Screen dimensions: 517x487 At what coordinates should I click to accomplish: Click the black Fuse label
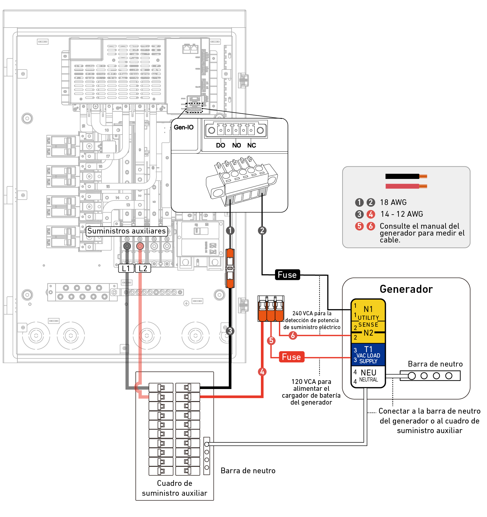pyautogui.click(x=287, y=275)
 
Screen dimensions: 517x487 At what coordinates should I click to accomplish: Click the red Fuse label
pyautogui.click(x=292, y=357)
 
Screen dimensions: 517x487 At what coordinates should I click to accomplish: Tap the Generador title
pyautogui.click(x=406, y=289)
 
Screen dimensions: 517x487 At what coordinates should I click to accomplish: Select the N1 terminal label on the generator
pyautogui.click(x=368, y=309)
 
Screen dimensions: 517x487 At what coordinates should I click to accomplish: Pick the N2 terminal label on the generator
pyautogui.click(x=368, y=333)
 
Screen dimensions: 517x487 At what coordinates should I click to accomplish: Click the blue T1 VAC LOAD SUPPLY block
pyautogui.click(x=368, y=355)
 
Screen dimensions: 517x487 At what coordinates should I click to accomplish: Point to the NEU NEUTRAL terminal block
pyautogui.click(x=368, y=376)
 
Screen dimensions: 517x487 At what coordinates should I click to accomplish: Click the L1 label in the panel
pyautogui.click(x=126, y=269)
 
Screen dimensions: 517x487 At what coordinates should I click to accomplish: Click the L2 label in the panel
pyautogui.click(x=143, y=269)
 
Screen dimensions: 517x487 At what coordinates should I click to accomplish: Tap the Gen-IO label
pyautogui.click(x=184, y=127)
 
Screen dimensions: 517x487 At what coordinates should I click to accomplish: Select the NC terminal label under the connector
pyautogui.click(x=252, y=145)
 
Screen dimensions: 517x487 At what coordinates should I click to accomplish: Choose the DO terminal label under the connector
pyautogui.click(x=220, y=145)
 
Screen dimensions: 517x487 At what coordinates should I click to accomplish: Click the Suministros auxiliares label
pyautogui.click(x=126, y=231)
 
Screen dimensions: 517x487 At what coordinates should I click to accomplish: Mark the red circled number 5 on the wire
pyautogui.click(x=271, y=340)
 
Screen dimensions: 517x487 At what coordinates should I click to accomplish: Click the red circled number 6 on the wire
pyautogui.click(x=293, y=335)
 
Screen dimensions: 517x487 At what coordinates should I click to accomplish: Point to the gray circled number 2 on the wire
pyautogui.click(x=262, y=230)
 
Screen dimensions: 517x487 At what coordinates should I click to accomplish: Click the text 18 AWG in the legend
pyautogui.click(x=393, y=203)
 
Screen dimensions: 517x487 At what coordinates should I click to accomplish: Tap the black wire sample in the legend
pyautogui.click(x=402, y=176)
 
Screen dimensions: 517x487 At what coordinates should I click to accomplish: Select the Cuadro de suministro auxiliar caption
pyautogui.click(x=174, y=488)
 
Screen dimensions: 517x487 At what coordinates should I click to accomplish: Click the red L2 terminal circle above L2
pyautogui.click(x=140, y=246)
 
